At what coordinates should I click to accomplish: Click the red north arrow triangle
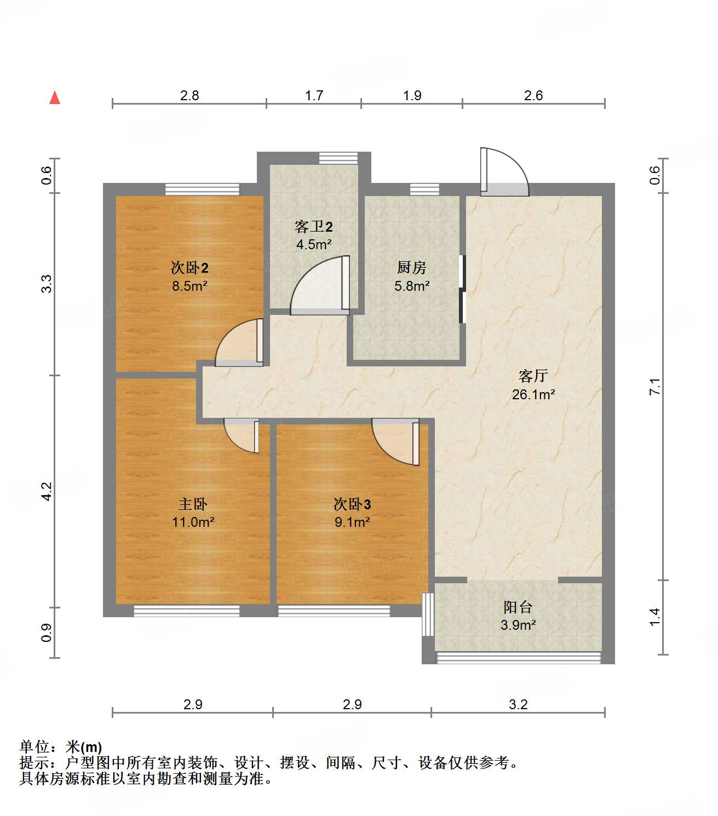55,98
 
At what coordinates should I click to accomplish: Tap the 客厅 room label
533,376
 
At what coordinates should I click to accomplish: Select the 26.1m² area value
533,394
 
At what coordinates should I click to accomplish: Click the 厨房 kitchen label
411,267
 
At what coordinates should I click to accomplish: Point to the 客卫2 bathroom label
313,226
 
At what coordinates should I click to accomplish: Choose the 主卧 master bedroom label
193,504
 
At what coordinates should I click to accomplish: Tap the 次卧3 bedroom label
352,504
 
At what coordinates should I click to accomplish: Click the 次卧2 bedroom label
189,268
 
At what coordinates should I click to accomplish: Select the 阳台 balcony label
518,607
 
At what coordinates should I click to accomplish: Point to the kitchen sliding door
462,289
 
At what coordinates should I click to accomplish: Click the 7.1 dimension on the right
655,387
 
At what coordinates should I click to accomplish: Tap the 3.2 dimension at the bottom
518,704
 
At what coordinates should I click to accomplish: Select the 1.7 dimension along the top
314,96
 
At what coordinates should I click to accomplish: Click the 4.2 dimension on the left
47,491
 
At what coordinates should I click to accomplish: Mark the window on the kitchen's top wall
424,189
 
